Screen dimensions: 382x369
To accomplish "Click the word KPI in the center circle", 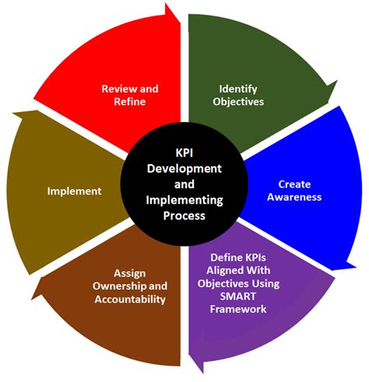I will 184,153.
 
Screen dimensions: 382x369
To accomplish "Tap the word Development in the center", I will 184,169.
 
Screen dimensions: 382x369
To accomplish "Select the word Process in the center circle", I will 185,216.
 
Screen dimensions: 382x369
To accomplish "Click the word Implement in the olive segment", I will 74,191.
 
